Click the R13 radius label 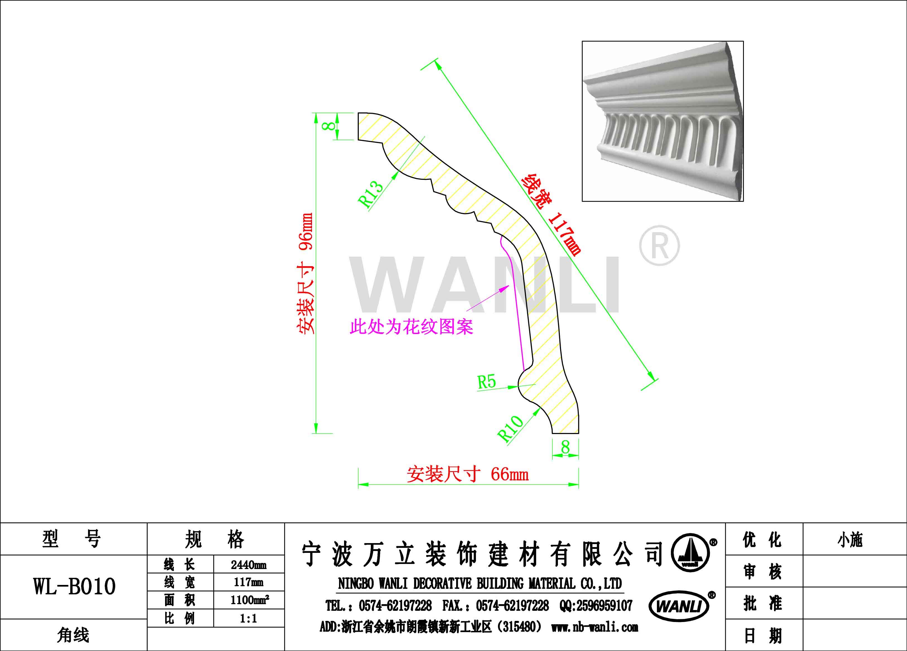371,194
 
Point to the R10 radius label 510,428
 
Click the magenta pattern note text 412,327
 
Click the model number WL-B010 74,587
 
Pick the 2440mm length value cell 249,565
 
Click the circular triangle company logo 690,552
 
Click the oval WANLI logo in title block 679,606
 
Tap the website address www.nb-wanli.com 595,627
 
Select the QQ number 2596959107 596,606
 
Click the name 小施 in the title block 850,540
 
